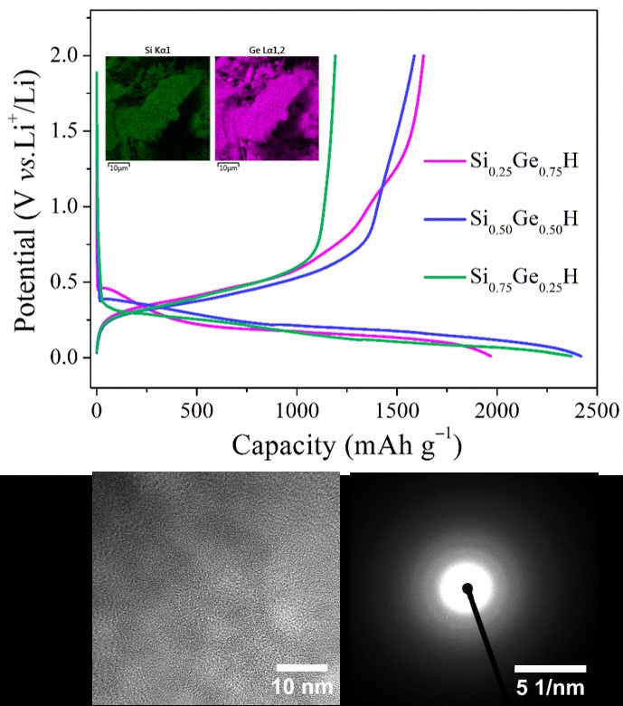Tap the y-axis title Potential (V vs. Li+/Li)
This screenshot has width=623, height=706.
30,206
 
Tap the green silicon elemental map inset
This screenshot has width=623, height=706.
158,109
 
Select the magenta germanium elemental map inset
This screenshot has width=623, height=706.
267,109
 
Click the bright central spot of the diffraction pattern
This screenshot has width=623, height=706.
467,589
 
